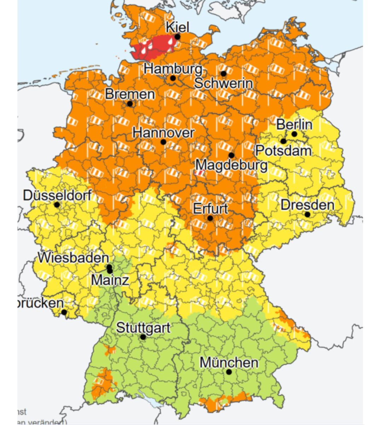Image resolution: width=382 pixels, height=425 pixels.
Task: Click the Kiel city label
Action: (178, 27)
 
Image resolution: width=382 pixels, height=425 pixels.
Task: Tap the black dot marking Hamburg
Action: (173, 78)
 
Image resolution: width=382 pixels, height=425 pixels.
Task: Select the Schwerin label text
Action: (223, 84)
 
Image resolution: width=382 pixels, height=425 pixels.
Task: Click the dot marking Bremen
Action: (130, 104)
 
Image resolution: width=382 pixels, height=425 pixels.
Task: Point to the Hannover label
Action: (163, 133)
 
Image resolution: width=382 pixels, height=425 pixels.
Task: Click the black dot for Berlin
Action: (294, 134)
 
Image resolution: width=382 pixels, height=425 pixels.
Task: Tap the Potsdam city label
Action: (283, 151)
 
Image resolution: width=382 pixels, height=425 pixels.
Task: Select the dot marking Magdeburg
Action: (231, 155)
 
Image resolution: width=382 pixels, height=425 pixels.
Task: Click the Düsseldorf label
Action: (57, 195)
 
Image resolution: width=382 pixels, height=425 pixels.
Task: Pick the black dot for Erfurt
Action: (210, 218)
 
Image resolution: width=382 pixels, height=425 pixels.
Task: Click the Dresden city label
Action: (307, 205)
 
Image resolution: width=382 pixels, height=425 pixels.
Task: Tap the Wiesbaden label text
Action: (73, 257)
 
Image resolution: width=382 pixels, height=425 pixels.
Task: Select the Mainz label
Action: (110, 280)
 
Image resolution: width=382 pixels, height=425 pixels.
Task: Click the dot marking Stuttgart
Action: (143, 337)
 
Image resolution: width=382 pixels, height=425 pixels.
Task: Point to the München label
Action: (229, 363)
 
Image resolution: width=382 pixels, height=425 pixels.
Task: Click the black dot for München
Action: (229, 372)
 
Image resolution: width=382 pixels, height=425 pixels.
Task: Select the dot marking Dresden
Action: (307, 215)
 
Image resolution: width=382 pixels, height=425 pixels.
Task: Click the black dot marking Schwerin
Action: (224, 74)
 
